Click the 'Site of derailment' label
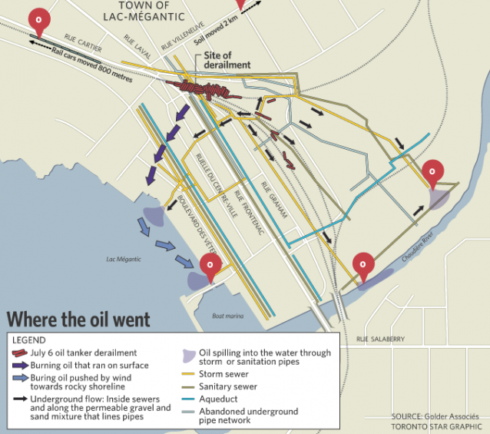coord(227,61)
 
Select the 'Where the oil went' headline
coord(78,319)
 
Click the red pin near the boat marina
coord(210,266)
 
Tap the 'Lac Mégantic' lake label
coord(124,260)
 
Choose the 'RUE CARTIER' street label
coord(82,39)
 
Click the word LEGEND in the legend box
coord(29,340)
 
